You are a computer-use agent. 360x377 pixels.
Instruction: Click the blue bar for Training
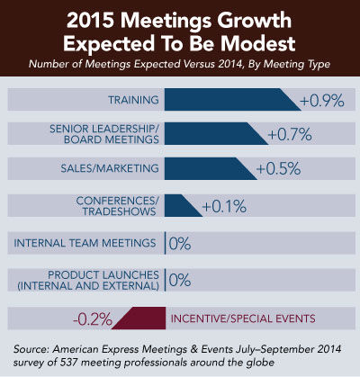(x=227, y=99)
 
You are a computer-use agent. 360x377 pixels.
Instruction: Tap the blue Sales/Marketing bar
(x=205, y=168)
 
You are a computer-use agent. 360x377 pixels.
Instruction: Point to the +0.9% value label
(x=322, y=101)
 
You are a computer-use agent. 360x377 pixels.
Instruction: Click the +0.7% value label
(x=290, y=135)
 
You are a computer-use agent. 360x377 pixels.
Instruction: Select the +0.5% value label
(x=278, y=168)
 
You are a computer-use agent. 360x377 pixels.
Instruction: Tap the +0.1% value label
(x=224, y=207)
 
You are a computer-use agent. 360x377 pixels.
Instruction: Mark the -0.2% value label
(x=93, y=319)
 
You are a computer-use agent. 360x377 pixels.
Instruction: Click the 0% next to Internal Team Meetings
(x=180, y=244)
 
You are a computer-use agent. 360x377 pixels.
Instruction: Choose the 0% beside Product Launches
(x=180, y=281)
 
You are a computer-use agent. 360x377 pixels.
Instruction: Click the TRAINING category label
(x=133, y=100)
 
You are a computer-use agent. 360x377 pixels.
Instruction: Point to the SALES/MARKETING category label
(x=110, y=168)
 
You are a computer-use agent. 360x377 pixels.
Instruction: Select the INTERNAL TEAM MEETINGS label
(x=85, y=243)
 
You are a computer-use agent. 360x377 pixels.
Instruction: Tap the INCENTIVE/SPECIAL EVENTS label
(x=243, y=319)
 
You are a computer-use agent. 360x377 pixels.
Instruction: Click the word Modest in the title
(x=258, y=43)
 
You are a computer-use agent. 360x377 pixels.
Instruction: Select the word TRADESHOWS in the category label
(x=119, y=211)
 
